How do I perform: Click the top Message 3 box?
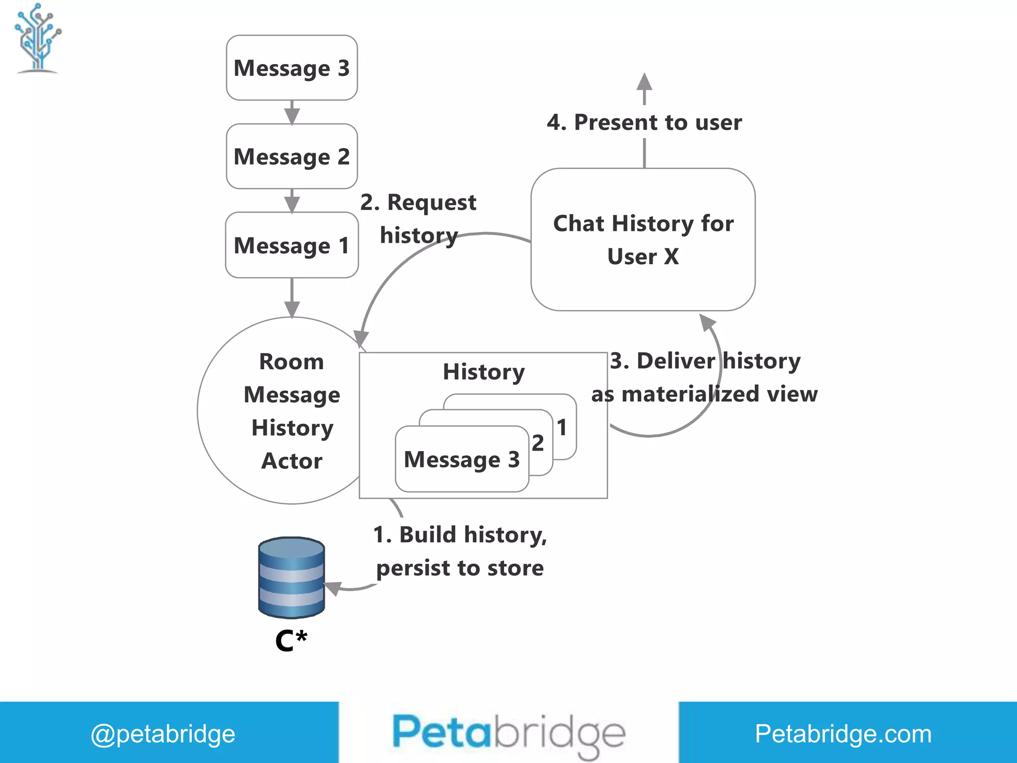click(291, 68)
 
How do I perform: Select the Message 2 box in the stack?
click(291, 156)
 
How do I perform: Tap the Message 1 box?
click(291, 245)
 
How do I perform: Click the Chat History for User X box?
click(643, 239)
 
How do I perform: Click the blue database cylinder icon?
click(291, 577)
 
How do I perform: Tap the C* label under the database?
click(291, 641)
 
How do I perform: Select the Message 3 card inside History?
click(461, 459)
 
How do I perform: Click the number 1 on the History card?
click(562, 427)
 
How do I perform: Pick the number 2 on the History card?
click(538, 443)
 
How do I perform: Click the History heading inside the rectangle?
click(484, 372)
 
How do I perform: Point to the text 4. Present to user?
click(644, 122)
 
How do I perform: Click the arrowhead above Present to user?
click(644, 82)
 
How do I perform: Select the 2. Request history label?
click(418, 219)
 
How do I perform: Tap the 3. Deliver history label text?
click(705, 361)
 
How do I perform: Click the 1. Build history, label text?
click(460, 535)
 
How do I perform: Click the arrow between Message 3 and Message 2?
click(291, 113)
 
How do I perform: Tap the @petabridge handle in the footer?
click(163, 734)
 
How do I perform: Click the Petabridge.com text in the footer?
click(843, 734)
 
